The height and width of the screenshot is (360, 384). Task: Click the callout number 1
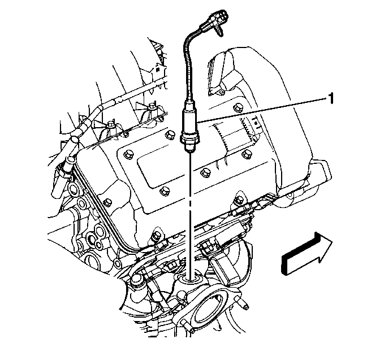[x=331, y=99]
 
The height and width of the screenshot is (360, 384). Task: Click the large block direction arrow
[x=307, y=254]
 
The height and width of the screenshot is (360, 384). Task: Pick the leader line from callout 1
[x=262, y=110]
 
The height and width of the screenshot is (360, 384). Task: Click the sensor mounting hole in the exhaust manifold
[x=190, y=278]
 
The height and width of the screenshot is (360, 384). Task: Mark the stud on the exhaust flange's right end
[x=243, y=304]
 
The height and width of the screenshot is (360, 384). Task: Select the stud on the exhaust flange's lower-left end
[x=188, y=327]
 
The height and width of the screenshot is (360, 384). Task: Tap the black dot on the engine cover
[x=256, y=123]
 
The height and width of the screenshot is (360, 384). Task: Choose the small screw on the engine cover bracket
[x=222, y=92]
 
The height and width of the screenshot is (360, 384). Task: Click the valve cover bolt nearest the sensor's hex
[x=169, y=135]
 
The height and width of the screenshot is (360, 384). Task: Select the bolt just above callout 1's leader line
[x=238, y=107]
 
